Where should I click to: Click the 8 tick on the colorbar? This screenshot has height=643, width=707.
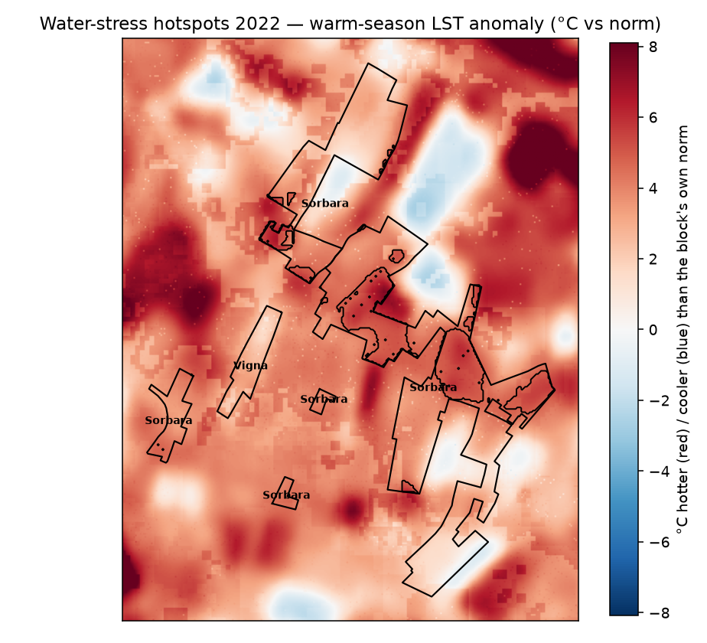(653, 47)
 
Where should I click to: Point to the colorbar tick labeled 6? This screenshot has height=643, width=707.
(653, 118)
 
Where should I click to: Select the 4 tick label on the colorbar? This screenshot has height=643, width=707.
(653, 188)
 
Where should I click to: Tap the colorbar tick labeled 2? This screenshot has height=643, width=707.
(653, 259)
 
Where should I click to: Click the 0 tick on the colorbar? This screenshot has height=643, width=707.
(653, 330)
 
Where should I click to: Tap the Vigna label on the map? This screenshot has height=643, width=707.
(251, 365)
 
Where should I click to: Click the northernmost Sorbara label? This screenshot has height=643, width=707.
(325, 204)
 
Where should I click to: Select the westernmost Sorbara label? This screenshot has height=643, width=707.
(168, 420)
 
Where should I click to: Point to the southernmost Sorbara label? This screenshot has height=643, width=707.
(286, 495)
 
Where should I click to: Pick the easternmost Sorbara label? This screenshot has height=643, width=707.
(433, 387)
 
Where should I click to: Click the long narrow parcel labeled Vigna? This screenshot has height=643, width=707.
(250, 361)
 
